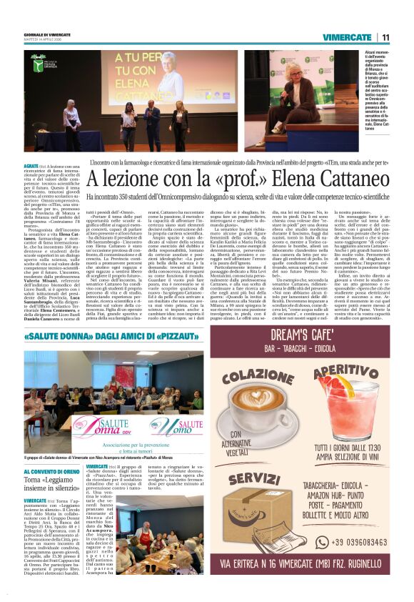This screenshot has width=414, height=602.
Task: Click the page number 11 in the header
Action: pyautogui.click(x=385, y=37)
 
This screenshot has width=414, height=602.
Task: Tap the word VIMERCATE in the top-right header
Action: pyautogui.click(x=348, y=37)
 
